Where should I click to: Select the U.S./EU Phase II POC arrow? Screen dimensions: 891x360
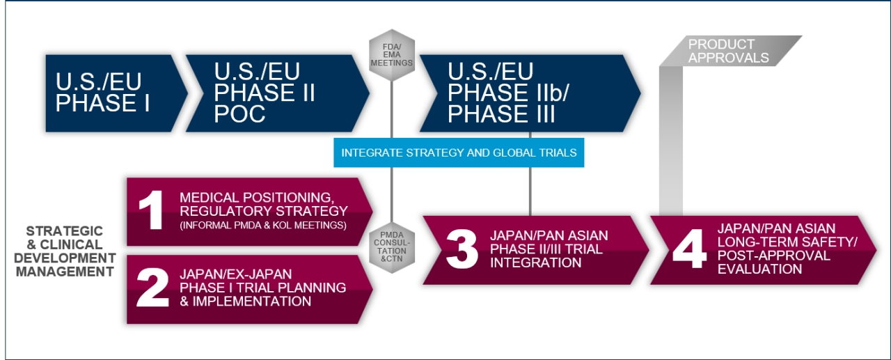point(278,93)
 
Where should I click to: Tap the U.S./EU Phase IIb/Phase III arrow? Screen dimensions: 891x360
point(530,93)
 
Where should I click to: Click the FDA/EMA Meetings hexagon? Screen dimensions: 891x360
point(392,55)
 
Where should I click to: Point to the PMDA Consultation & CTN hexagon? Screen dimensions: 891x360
point(392,247)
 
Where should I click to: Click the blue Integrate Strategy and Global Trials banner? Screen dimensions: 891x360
point(459,152)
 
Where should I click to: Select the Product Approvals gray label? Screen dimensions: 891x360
point(730,51)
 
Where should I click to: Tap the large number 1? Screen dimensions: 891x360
point(152,210)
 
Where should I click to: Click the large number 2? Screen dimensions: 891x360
point(152,287)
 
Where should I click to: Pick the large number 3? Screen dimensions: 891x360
point(462,249)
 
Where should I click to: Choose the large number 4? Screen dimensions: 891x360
point(689,249)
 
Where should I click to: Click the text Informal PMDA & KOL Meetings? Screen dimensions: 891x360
point(263,226)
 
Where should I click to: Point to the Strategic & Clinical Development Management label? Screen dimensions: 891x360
point(65,251)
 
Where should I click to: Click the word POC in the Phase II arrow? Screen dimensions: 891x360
point(239,114)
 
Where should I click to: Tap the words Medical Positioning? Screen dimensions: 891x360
point(257,197)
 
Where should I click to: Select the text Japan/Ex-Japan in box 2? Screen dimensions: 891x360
point(235,274)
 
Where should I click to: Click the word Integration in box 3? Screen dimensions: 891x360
point(535,263)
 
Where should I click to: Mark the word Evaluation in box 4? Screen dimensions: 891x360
point(759,269)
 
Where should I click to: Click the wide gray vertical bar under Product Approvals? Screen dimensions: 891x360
point(671,141)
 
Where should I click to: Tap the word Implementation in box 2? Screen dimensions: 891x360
point(252,301)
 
